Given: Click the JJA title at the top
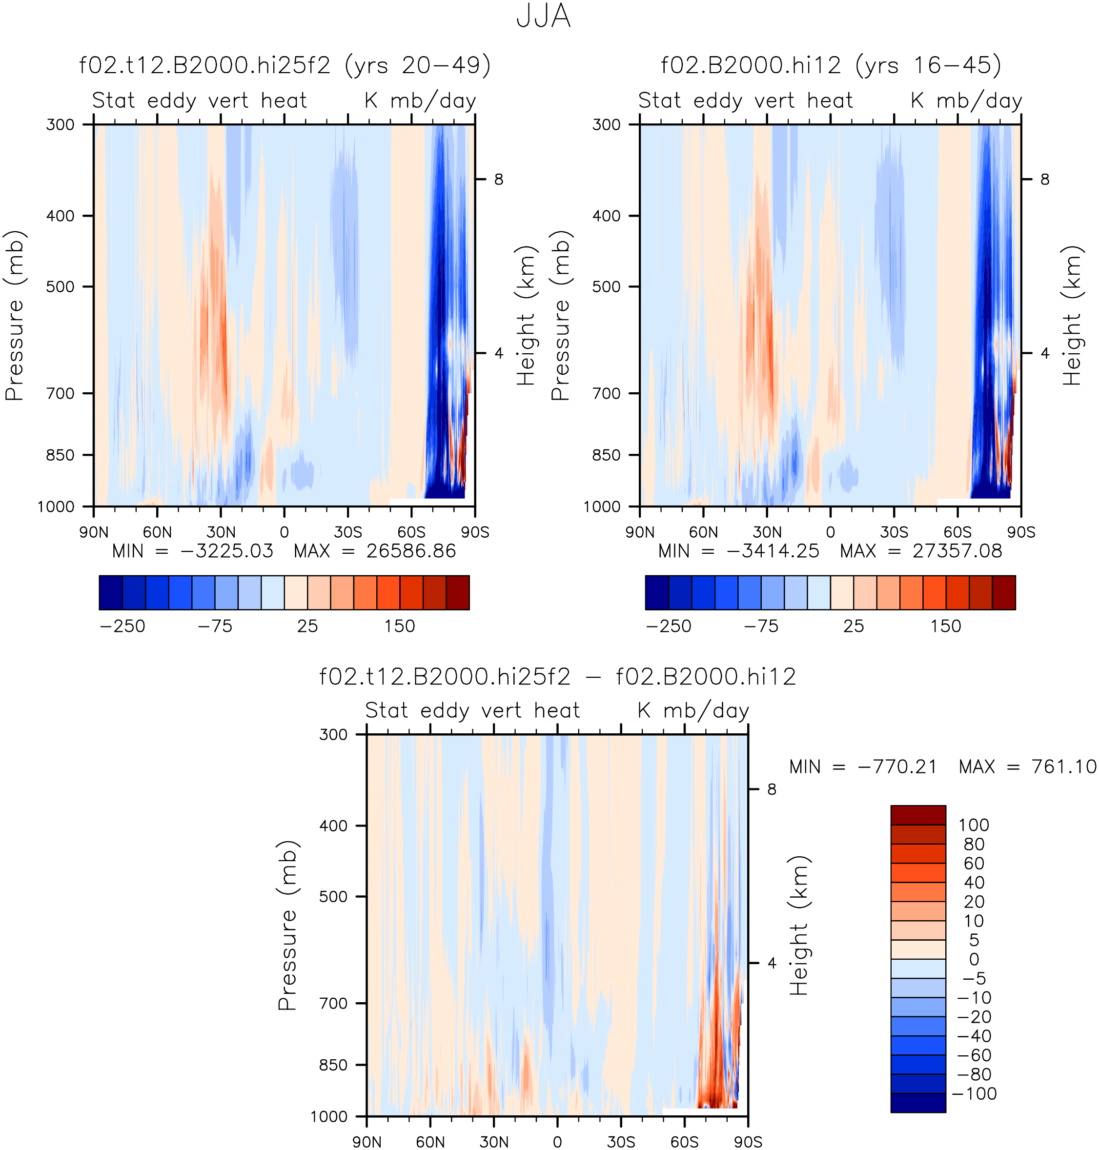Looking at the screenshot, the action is pyautogui.click(x=543, y=17).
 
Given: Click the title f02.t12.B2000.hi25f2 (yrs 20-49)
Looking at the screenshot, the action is pyautogui.click(x=285, y=65).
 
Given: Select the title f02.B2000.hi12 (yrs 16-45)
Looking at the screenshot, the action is pyautogui.click(x=831, y=65).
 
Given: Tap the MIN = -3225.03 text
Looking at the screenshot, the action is pyautogui.click(x=193, y=551).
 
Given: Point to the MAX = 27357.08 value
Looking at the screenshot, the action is pyautogui.click(x=921, y=551).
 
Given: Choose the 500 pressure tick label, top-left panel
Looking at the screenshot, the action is pyautogui.click(x=61, y=286).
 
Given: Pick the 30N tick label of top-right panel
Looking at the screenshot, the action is pyautogui.click(x=767, y=532).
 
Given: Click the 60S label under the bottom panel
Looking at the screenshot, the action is pyautogui.click(x=684, y=1142).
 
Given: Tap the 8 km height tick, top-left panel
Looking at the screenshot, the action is pyautogui.click(x=499, y=179).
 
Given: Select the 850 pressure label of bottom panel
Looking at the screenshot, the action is pyautogui.click(x=333, y=1065).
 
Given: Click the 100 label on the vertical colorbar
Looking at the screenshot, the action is pyautogui.click(x=974, y=825).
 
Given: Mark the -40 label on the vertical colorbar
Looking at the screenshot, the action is pyautogui.click(x=974, y=1036).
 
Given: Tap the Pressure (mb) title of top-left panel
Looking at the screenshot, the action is pyautogui.click(x=14, y=316).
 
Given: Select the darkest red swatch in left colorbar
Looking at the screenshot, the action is pyautogui.click(x=458, y=592).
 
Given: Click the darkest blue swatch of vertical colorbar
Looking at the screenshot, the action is pyautogui.click(x=918, y=1103).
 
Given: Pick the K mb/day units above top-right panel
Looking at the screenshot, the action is pyautogui.click(x=966, y=101).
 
